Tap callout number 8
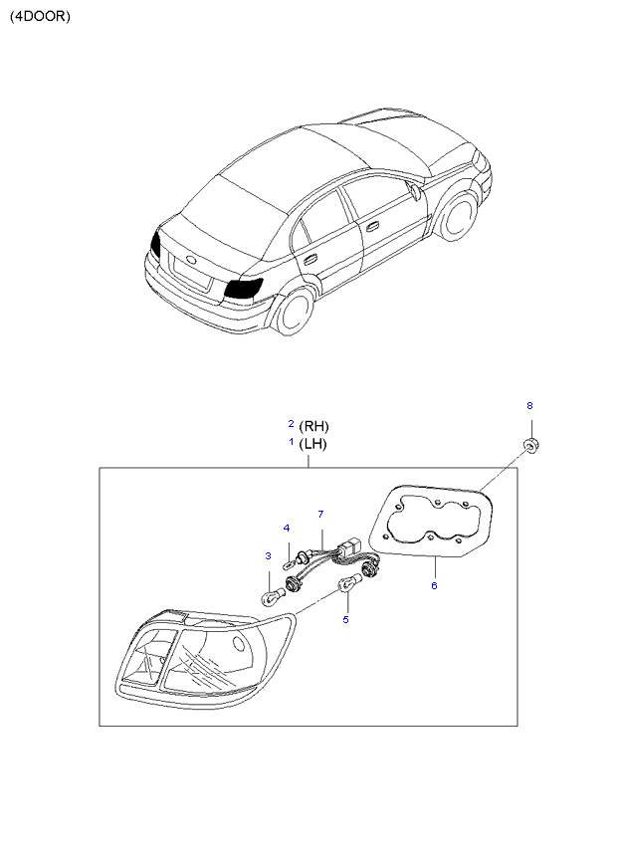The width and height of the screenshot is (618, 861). click(529, 406)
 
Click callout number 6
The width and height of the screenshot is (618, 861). click(434, 585)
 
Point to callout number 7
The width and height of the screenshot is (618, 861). click(320, 514)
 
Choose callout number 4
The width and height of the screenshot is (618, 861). click(286, 528)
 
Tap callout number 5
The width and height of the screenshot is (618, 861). click(345, 619)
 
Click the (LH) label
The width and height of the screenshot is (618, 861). click(312, 444)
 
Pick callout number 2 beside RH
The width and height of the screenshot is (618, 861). click(291, 423)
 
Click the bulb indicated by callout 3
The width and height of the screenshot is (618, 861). click(269, 596)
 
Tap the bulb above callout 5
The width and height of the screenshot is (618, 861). click(348, 584)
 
